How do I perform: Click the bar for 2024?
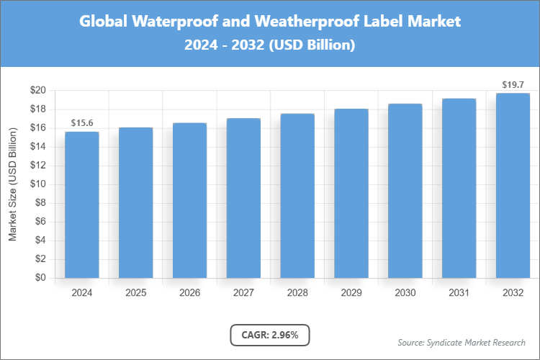pyautogui.click(x=82, y=204)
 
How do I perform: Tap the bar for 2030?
pyautogui.click(x=405, y=191)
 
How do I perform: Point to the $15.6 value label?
pyautogui.click(x=82, y=124)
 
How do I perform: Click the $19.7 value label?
pyautogui.click(x=513, y=85)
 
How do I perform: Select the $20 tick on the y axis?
pyautogui.click(x=38, y=91)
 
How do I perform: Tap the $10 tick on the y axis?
pyautogui.click(x=38, y=184)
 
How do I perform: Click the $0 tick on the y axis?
pyautogui.click(x=41, y=278)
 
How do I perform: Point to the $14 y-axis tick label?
pyautogui.click(x=38, y=147)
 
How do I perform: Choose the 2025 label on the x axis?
pyautogui.click(x=136, y=293)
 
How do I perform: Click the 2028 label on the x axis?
pyautogui.click(x=297, y=293)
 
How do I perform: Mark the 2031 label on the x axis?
pyautogui.click(x=459, y=293)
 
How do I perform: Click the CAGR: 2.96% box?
pyautogui.click(x=270, y=334)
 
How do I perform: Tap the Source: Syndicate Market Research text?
pyautogui.click(x=462, y=342)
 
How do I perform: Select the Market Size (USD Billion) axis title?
pyautogui.click(x=12, y=184)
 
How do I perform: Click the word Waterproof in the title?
pyautogui.click(x=176, y=22)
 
